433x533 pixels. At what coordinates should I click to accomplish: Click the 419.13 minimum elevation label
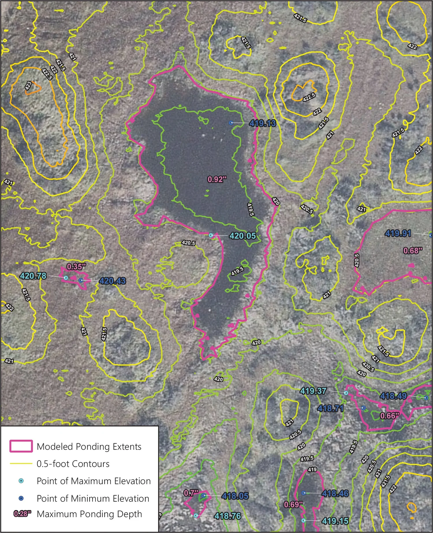pyautogui.click(x=263, y=124)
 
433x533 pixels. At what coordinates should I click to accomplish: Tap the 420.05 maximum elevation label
pyautogui.click(x=242, y=236)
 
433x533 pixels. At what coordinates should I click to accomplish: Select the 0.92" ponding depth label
pyautogui.click(x=217, y=179)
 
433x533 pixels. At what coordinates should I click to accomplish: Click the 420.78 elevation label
pyautogui.click(x=33, y=276)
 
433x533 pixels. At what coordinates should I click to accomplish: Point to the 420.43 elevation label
pyautogui.click(x=112, y=281)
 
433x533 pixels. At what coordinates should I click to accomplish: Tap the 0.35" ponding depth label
pyautogui.click(x=76, y=267)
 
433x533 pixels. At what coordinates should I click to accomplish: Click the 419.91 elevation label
pyautogui.click(x=398, y=233)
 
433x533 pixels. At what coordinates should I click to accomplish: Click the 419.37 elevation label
pyautogui.click(x=313, y=391)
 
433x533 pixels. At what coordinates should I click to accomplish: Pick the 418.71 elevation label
pyautogui.click(x=331, y=408)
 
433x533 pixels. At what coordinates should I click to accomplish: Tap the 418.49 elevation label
pyautogui.click(x=393, y=396)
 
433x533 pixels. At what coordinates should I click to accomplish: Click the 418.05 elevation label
pyautogui.click(x=235, y=496)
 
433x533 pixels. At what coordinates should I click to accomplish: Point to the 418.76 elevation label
pyautogui.click(x=227, y=516)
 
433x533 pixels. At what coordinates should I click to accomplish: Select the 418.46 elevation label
pyautogui.click(x=335, y=493)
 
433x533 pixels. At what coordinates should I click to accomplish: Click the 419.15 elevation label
pyautogui.click(x=335, y=521)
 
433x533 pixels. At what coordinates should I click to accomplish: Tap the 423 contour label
pyautogui.click(x=28, y=85)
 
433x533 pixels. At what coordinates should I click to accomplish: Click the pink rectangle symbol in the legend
pyautogui.click(x=21, y=446)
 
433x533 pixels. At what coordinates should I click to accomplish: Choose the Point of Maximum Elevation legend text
pyautogui.click(x=94, y=481)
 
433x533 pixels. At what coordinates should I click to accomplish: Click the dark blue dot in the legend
pyautogui.click(x=21, y=498)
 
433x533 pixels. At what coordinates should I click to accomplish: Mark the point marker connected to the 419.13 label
pyautogui.click(x=231, y=123)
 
